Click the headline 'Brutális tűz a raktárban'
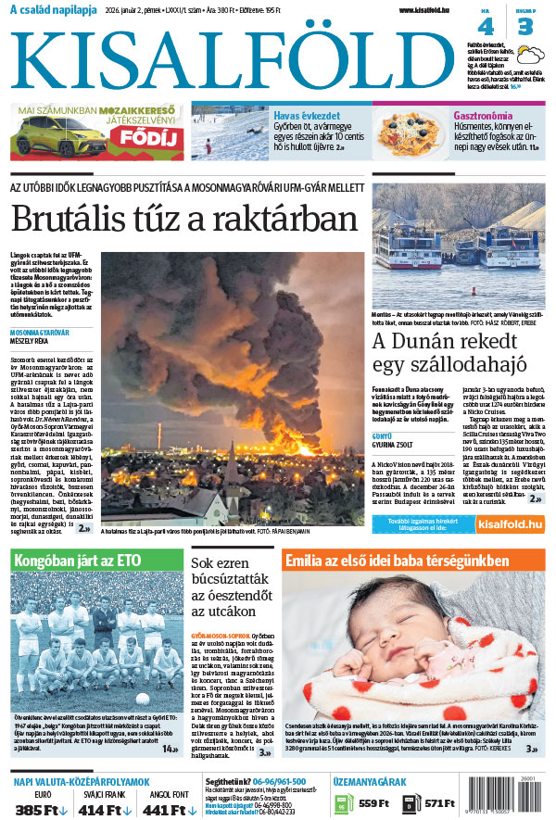coord(183,220)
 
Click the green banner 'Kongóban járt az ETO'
coord(96,561)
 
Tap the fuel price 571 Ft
coord(439,803)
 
